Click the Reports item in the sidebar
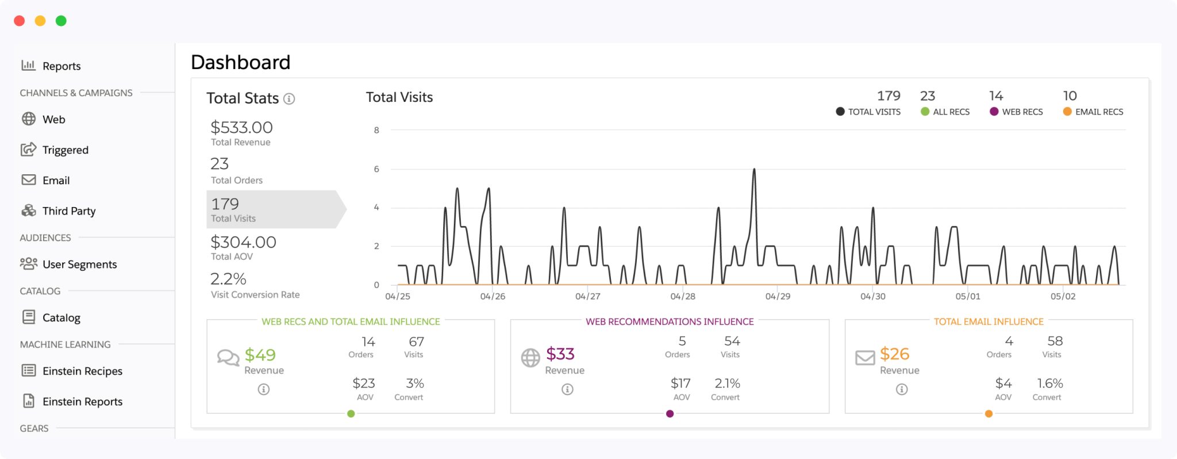[x=60, y=66]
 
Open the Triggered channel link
[x=65, y=150]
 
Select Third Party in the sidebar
[x=68, y=211]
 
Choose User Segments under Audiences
[x=79, y=265]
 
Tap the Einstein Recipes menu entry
[x=82, y=371]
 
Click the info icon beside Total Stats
[x=290, y=99]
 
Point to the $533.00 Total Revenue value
[x=241, y=127]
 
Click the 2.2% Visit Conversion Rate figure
[x=228, y=279]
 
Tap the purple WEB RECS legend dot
[x=994, y=112]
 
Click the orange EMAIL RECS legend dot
[x=1067, y=112]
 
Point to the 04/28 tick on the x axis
[x=683, y=296]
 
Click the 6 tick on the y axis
[x=376, y=169]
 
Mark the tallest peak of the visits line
[x=754, y=170]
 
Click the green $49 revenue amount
[x=260, y=355]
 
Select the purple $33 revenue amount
[x=560, y=354]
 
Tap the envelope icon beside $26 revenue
[x=865, y=358]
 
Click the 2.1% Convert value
[x=727, y=383]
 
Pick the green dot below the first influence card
[x=351, y=414]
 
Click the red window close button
[x=20, y=21]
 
